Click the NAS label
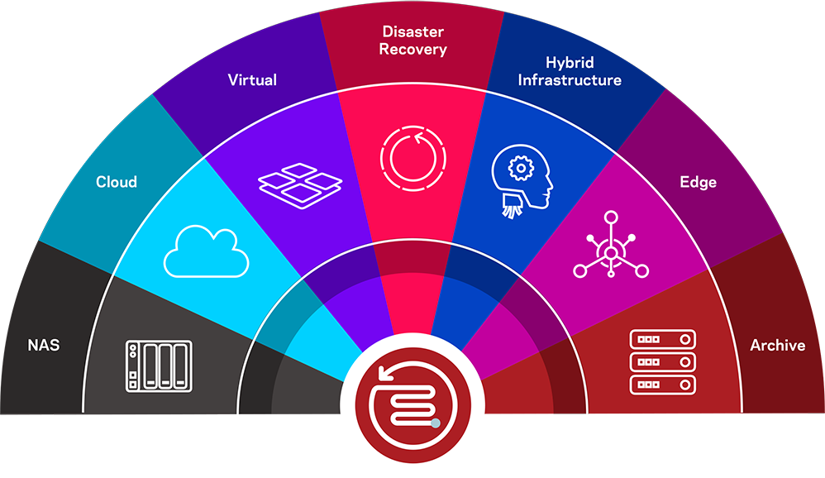pos(43,345)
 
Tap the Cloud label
pos(117,181)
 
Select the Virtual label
pos(252,80)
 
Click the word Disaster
pos(412,32)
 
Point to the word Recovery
pos(412,50)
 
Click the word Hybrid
pos(570,63)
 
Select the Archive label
pos(777,345)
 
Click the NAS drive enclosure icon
pos(159,365)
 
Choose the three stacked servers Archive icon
pos(663,361)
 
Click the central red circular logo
pos(412,398)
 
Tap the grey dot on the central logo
pos(436,423)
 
